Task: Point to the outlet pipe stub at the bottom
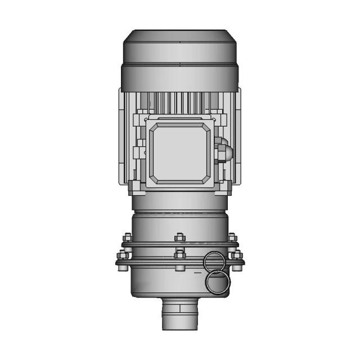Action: click(x=180, y=315)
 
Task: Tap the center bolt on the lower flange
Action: click(x=179, y=255)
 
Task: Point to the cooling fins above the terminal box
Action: click(x=180, y=102)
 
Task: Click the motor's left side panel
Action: click(x=124, y=138)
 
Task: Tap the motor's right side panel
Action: click(x=236, y=138)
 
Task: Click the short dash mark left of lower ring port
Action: click(x=197, y=273)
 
